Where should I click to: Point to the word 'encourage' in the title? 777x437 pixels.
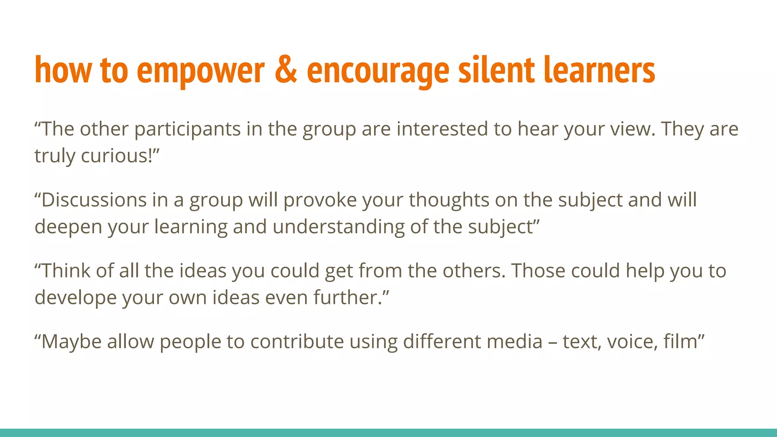tap(378, 72)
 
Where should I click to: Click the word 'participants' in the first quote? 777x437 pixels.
tap(187, 129)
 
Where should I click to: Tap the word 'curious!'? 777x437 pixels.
tap(119, 156)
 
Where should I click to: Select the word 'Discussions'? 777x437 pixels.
tap(94, 200)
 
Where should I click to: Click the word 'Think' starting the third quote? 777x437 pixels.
tap(66, 270)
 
